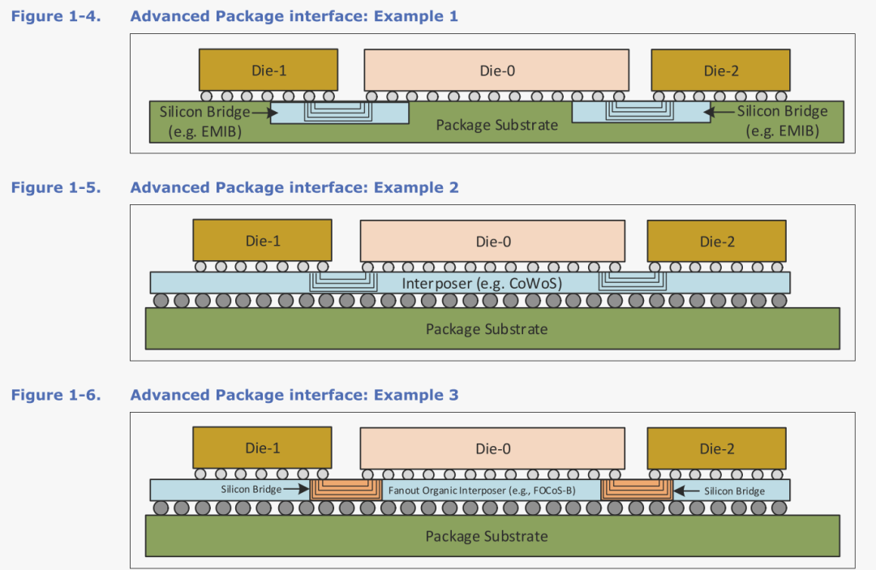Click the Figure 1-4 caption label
[56, 16]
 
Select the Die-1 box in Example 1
[268, 71]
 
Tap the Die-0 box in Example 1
[497, 71]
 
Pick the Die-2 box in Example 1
[720, 71]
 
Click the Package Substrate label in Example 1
[496, 125]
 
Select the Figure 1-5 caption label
[56, 187]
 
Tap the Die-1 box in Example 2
[262, 241]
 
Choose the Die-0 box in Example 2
[492, 241]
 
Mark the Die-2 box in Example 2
[716, 241]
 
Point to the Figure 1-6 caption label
[56, 395]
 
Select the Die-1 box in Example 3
[262, 448]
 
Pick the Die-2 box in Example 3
[716, 448]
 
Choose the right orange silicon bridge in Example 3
[636, 488]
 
